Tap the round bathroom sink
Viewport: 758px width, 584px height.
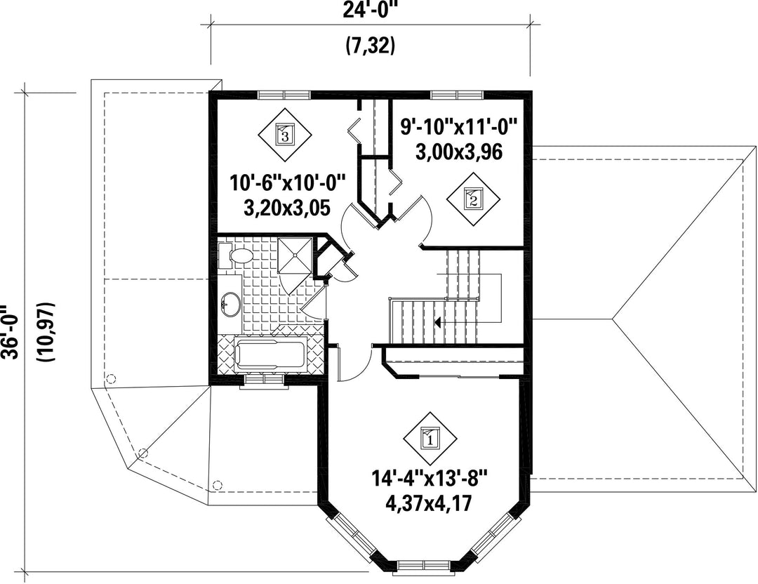[231, 305]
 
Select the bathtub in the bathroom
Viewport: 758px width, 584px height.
[270, 355]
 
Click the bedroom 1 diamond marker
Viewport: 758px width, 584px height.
[430, 439]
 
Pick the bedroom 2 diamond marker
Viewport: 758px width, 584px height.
[473, 198]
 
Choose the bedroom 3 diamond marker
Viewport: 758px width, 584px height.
[285, 135]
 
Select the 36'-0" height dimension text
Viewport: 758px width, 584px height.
[10, 331]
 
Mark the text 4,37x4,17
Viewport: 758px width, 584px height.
[429, 503]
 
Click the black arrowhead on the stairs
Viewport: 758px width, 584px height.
[437, 322]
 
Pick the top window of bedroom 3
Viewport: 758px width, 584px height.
[284, 94]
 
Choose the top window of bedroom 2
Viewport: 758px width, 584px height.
[458, 94]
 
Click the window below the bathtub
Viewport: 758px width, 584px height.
[264, 380]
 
